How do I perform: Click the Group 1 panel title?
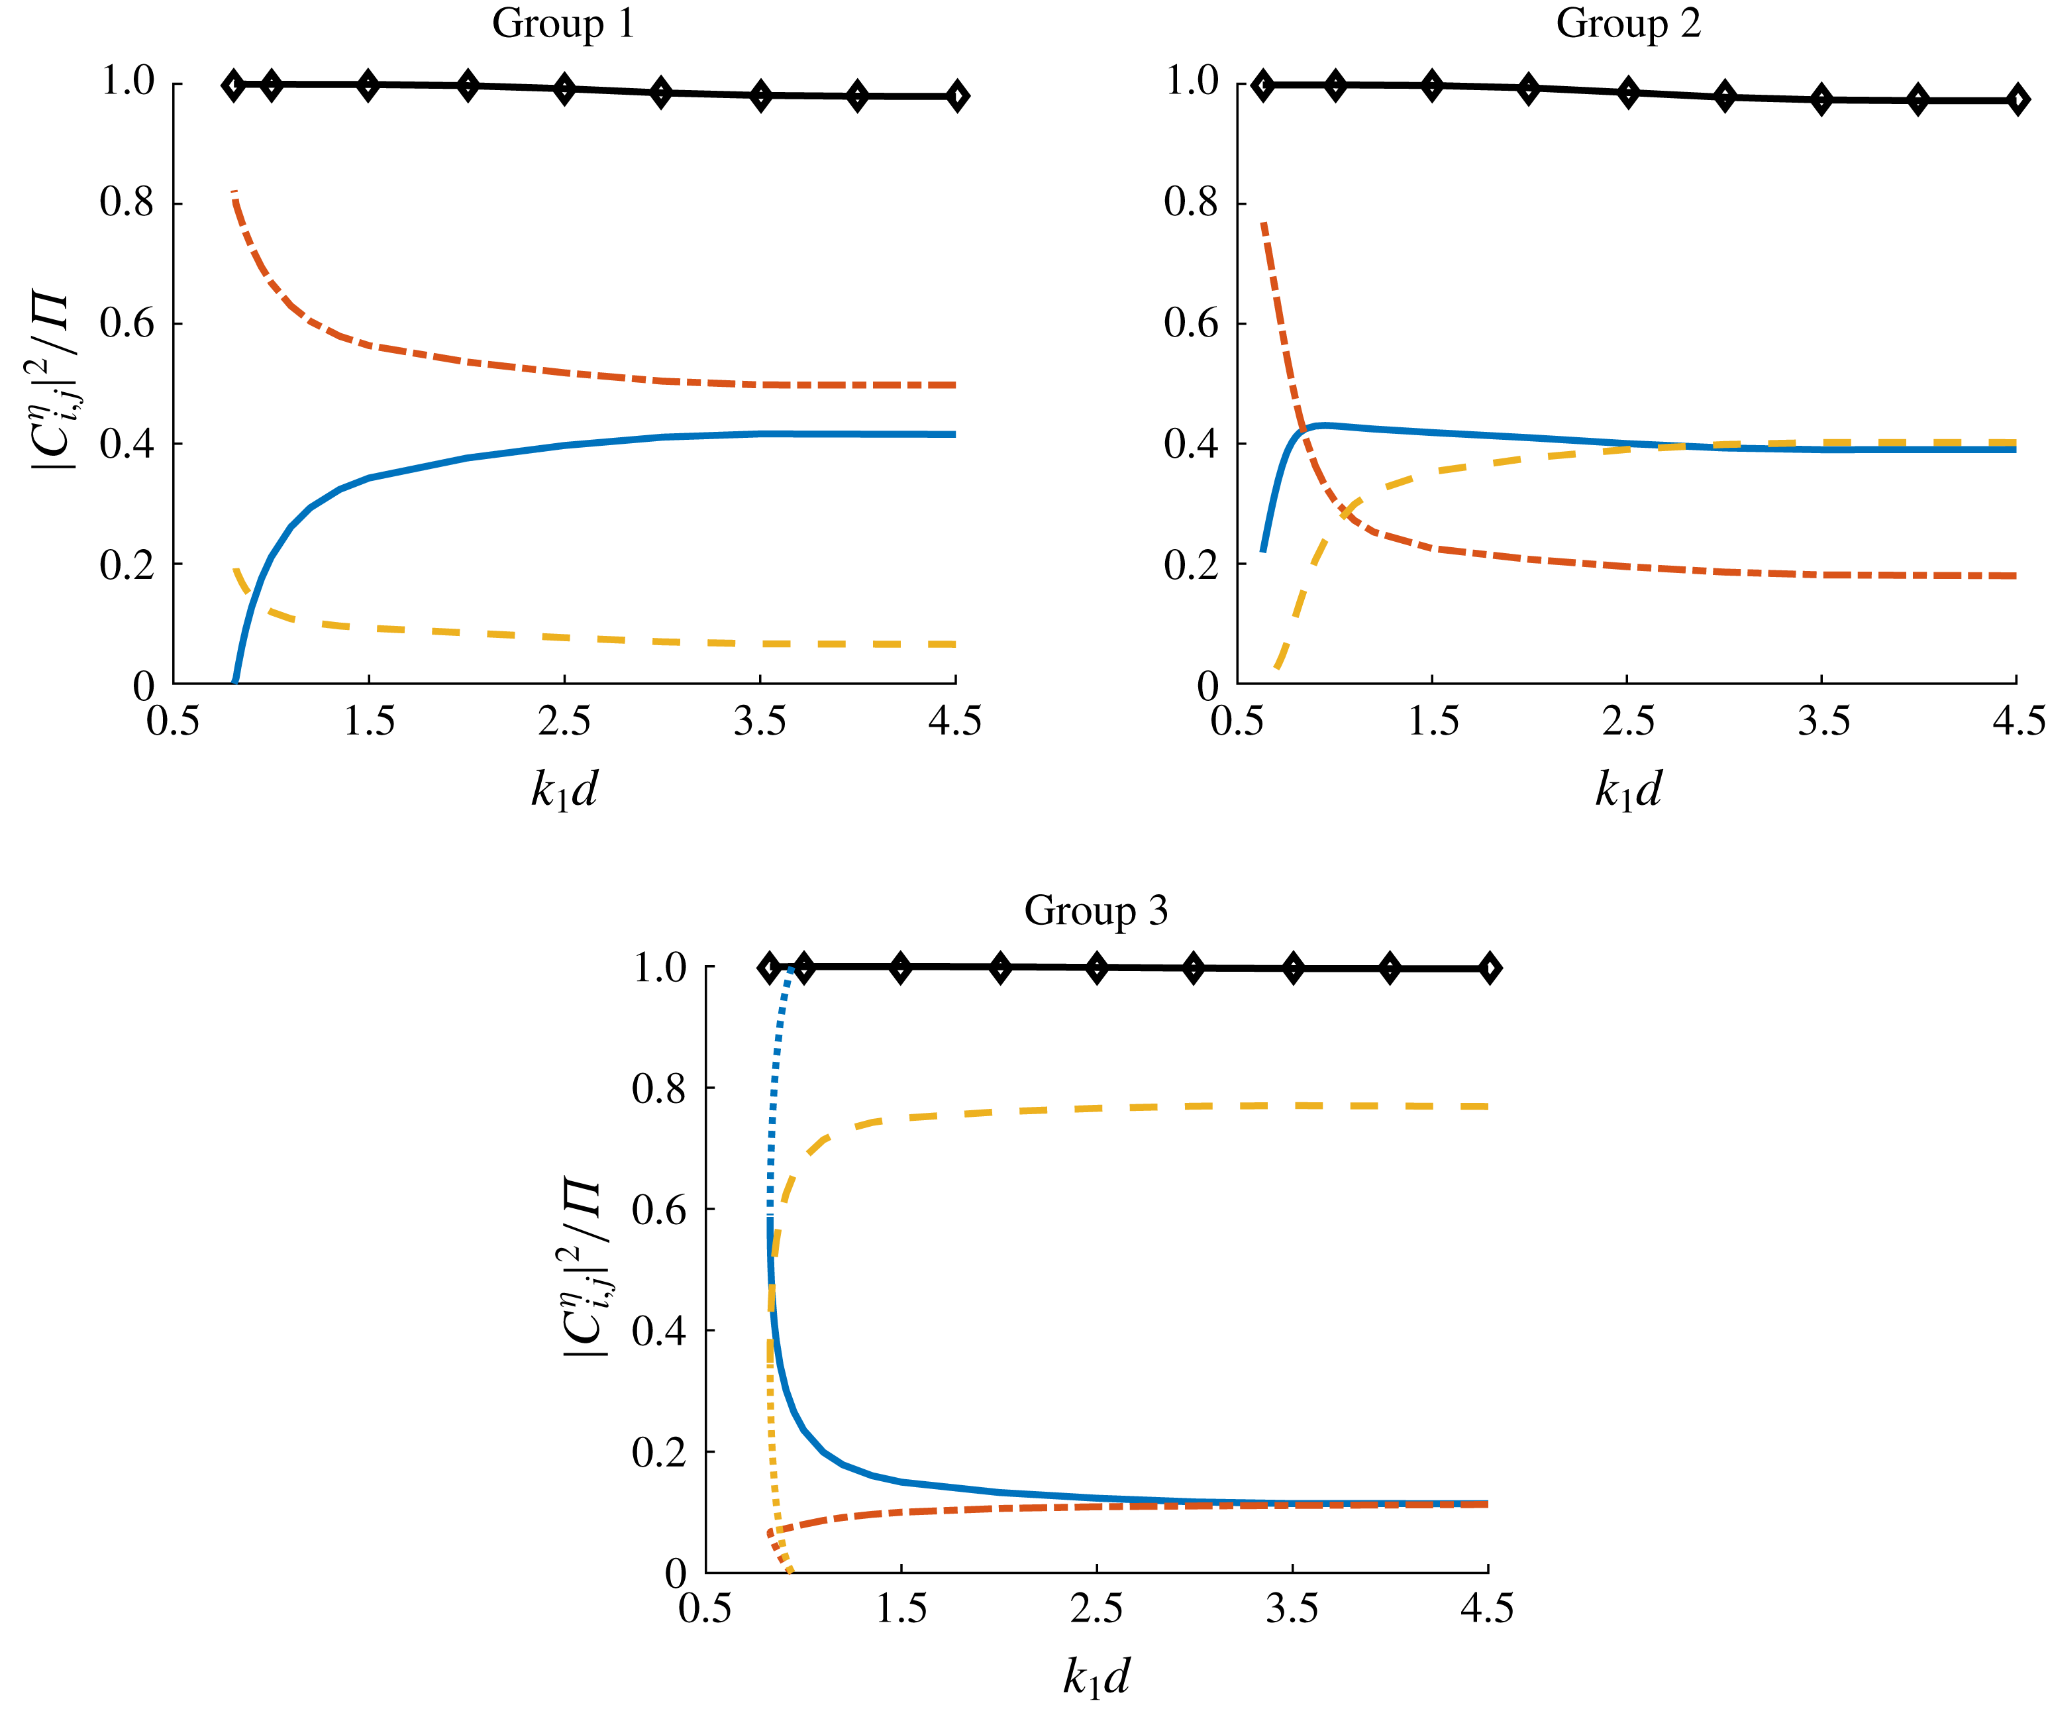pyautogui.click(x=563, y=23)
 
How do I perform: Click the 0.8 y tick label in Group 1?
pyautogui.click(x=128, y=203)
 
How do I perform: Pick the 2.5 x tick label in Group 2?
pyautogui.click(x=1627, y=722)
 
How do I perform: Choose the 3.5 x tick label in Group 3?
pyautogui.click(x=1292, y=1608)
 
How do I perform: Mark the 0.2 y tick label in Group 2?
pyautogui.click(x=1192, y=564)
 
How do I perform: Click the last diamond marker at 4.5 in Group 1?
pyautogui.click(x=956, y=95)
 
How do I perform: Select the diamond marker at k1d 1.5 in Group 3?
pyautogui.click(x=901, y=968)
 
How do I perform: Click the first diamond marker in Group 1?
pyautogui.click(x=233, y=85)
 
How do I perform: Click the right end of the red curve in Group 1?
pyautogui.click(x=954, y=386)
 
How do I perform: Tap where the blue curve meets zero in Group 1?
pyautogui.click(x=234, y=681)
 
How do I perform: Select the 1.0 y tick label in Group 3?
pyautogui.click(x=660, y=968)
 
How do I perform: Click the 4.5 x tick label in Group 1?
pyautogui.click(x=954, y=722)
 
